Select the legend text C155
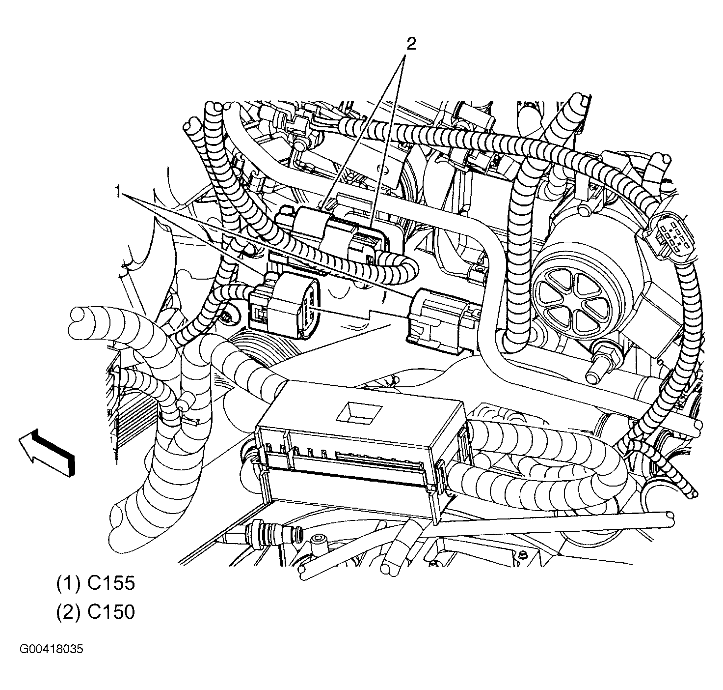[110, 583]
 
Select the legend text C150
[110, 612]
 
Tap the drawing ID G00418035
[52, 649]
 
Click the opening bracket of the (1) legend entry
[59, 583]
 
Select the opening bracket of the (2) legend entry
[59, 612]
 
